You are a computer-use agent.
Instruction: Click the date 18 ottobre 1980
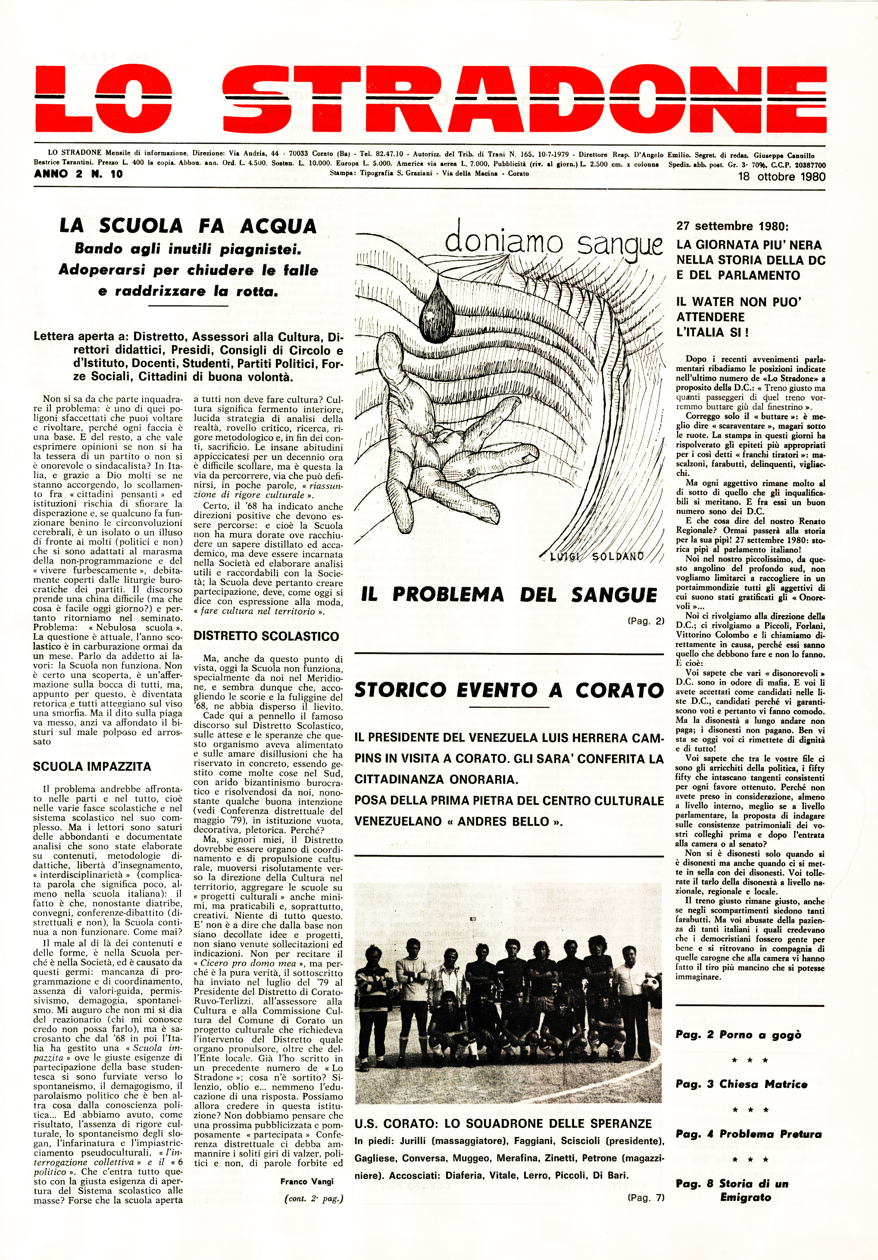click(x=781, y=177)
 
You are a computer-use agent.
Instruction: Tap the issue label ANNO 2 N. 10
click(x=78, y=175)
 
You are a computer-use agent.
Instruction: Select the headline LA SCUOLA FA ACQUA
click(x=188, y=226)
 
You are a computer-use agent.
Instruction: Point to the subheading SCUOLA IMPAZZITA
click(x=92, y=766)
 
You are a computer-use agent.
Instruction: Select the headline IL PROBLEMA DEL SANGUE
click(x=509, y=595)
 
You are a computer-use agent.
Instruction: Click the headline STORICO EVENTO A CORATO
click(x=509, y=691)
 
